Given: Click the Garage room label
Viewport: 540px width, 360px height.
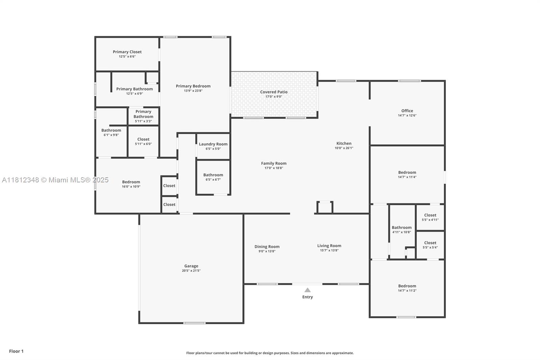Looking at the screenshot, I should tap(191, 266).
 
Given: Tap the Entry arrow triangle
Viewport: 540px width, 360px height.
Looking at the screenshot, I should tap(307, 290).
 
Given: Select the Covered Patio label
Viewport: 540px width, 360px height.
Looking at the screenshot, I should tap(273, 92).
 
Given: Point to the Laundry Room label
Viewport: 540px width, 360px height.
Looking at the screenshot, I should tap(213, 144).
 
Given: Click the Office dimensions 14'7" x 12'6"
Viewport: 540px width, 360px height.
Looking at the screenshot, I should tap(407, 115).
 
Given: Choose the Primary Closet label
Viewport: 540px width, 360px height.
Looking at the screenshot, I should tap(127, 52).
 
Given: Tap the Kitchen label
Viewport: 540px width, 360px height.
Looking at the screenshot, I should tap(344, 144).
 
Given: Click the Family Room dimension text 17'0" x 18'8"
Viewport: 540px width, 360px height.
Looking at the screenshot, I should tap(273, 168).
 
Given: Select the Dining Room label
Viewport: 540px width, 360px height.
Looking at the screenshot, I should tap(267, 247).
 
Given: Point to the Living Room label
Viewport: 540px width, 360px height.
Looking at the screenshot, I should tap(329, 246).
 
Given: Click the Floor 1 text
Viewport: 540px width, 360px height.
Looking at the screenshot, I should tap(16, 351).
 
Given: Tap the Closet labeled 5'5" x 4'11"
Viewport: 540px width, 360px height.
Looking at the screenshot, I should tap(430, 215).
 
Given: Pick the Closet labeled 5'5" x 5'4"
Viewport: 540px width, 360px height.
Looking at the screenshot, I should tap(430, 243).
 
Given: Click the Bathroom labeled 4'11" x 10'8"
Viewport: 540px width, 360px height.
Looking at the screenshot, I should tap(402, 228).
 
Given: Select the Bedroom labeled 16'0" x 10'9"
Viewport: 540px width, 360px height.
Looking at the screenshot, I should tap(131, 182).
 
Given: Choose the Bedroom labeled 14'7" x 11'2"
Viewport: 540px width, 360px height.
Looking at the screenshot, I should tap(407, 286).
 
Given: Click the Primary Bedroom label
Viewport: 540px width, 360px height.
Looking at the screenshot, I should tap(193, 86).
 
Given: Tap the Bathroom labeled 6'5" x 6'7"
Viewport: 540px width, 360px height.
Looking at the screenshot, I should tap(213, 175).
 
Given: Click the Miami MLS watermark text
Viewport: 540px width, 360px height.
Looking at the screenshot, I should tap(55, 180).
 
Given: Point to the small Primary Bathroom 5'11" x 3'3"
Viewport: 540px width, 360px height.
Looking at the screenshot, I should tap(143, 114).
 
